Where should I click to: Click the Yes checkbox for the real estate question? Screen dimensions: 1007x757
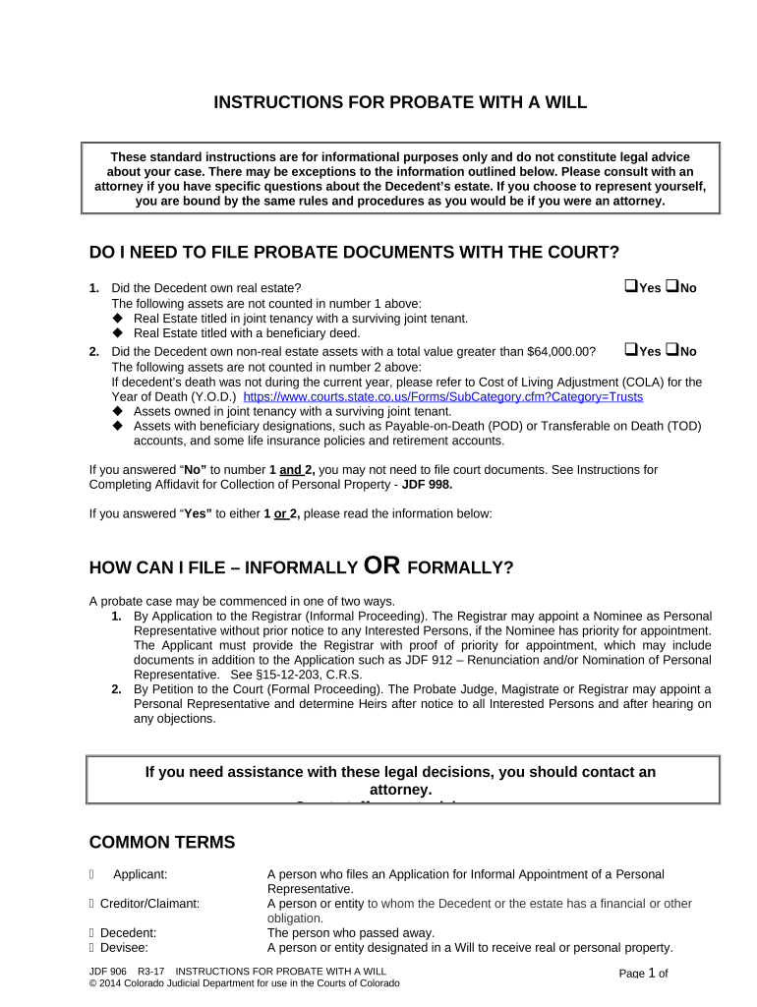coord(629,287)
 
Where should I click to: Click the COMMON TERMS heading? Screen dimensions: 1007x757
coord(162,842)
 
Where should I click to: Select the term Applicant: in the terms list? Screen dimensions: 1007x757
coord(140,874)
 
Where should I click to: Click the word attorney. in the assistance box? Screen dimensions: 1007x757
coord(400,790)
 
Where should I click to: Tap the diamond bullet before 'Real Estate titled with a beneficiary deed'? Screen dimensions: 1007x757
coord(118,333)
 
